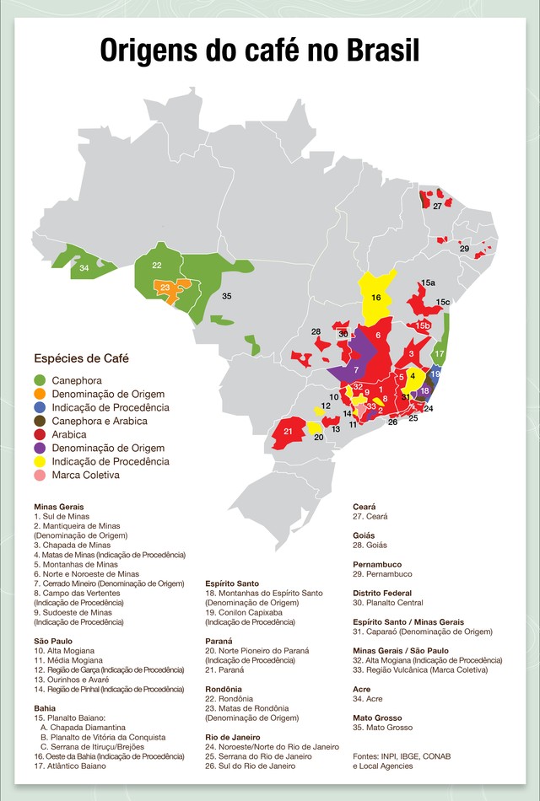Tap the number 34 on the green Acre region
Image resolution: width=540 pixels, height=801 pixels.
84,268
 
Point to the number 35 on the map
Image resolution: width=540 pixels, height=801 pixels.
227,297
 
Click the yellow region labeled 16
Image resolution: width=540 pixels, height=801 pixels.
376,297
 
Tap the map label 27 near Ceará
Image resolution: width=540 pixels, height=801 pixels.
437,206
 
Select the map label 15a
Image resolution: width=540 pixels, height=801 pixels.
428,282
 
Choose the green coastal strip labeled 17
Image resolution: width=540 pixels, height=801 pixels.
439,353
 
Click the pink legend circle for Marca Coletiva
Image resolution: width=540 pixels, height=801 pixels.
40,476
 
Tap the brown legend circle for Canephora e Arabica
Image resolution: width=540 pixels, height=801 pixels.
40,421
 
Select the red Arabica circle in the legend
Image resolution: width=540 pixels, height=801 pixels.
40,434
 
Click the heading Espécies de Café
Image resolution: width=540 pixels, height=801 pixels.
81,358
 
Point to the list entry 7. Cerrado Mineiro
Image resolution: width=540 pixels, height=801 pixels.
109,583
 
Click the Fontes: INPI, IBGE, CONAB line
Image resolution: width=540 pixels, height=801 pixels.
402,756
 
